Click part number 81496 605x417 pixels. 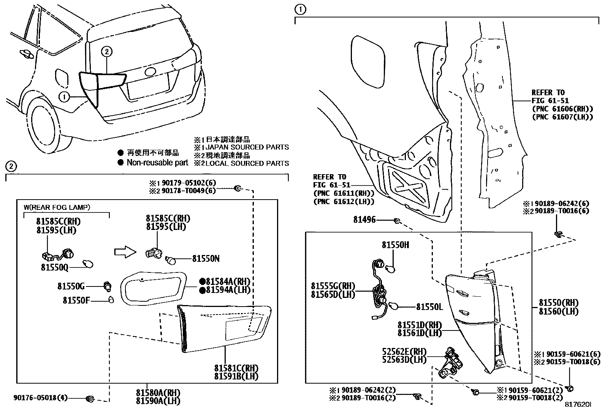[364, 220]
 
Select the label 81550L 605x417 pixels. [429, 307]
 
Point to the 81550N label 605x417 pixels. [206, 259]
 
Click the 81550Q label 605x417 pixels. [55, 268]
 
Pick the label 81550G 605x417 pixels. [71, 286]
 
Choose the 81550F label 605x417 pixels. [76, 301]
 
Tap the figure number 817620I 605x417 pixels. [578, 405]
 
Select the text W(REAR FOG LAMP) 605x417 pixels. [57, 207]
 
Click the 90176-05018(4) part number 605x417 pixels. [41, 398]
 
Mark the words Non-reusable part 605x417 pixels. [157, 163]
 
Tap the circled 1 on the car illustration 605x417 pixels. [64, 97]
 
